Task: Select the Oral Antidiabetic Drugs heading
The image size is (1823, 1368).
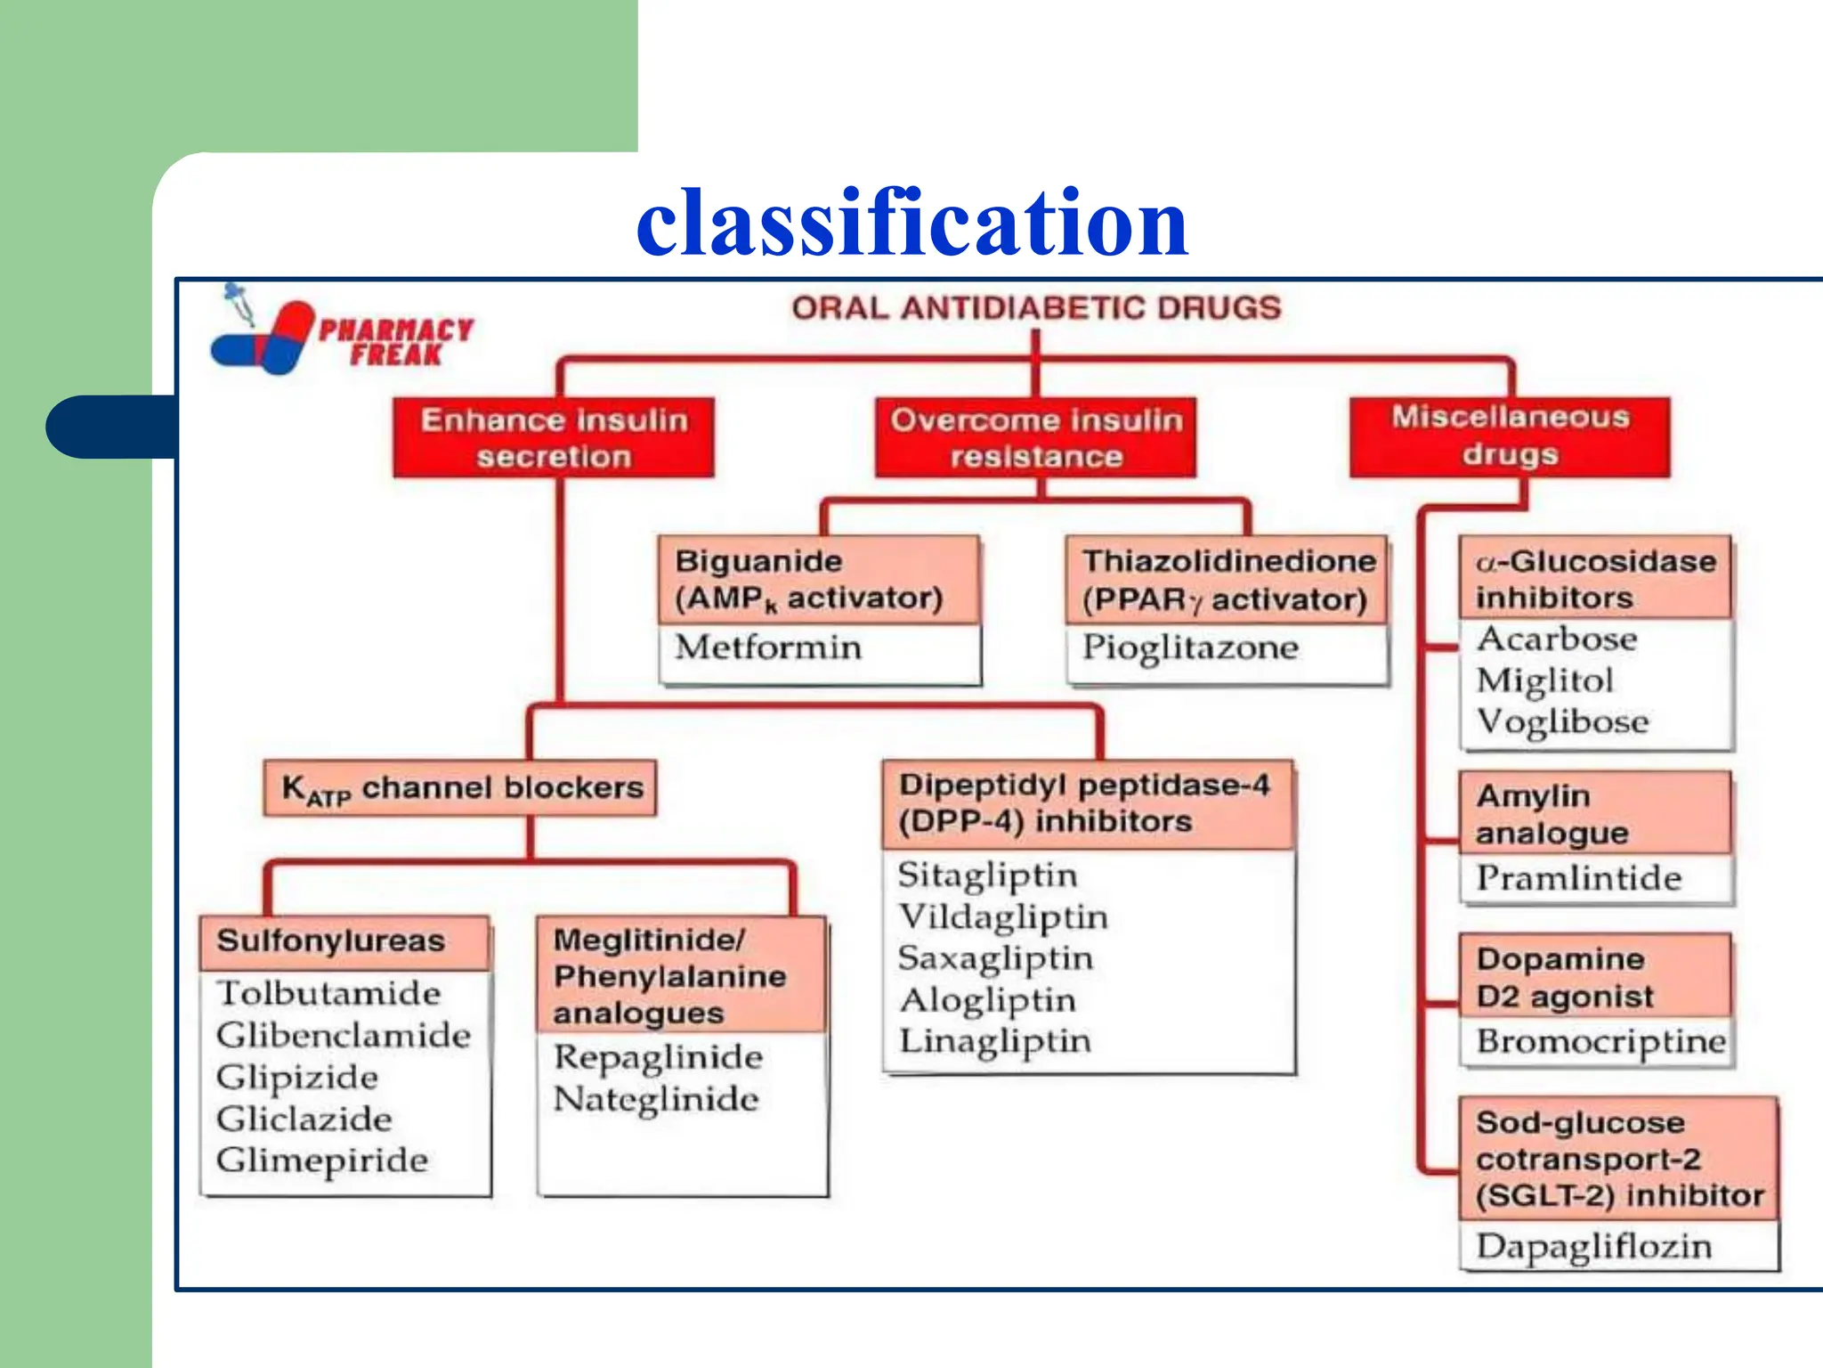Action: (x=1036, y=308)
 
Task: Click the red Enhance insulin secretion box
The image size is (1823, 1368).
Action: (x=554, y=437)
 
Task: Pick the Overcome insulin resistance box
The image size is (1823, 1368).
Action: (x=1035, y=437)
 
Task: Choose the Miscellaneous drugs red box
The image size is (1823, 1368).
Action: (x=1510, y=436)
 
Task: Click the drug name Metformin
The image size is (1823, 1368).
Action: (x=768, y=647)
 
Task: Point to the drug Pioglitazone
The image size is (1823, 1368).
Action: (x=1190, y=647)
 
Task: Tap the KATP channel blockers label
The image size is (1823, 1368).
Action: (x=460, y=788)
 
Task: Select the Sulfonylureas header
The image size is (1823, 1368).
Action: (x=331, y=941)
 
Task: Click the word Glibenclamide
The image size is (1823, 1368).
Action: (x=344, y=1035)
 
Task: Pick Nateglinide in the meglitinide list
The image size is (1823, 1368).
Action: (x=656, y=1100)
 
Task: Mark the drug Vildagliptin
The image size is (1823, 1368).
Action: (x=1003, y=916)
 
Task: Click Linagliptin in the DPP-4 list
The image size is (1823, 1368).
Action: (x=995, y=1041)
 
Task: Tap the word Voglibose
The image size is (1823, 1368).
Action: (x=1563, y=721)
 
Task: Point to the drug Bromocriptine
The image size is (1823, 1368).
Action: (x=1600, y=1041)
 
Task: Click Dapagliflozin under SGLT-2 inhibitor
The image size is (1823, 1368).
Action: (x=1593, y=1246)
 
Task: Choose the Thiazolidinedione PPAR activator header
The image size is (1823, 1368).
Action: (x=1227, y=580)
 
